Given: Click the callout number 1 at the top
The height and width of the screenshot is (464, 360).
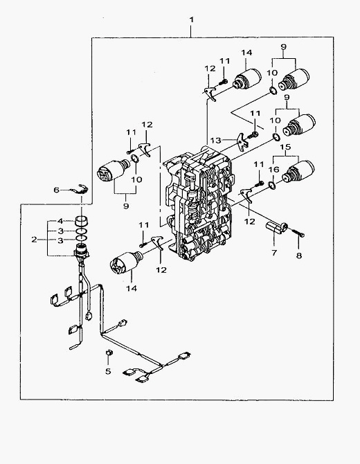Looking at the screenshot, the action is pos(192,20).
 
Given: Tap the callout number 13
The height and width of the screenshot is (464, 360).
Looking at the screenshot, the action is pos(215,140).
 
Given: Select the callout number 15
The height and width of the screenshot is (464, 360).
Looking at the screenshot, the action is pos(285,147).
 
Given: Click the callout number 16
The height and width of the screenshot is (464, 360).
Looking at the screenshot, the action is pos(273,170).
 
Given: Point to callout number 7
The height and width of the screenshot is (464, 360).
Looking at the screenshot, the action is pos(274,253).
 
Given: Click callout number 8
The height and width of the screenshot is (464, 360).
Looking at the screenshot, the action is pos(299,255).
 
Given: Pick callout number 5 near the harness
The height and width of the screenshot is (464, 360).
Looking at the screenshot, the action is pos(108,371).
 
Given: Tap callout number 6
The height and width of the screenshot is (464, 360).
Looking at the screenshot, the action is pos(57,190).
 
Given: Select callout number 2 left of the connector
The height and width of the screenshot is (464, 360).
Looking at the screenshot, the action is pos(35,240).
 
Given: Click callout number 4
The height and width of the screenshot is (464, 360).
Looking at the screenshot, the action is pos(60,221).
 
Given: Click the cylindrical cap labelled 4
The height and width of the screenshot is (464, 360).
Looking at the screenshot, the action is pos(82,221).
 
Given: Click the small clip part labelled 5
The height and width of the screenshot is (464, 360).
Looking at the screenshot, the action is pos(109,352).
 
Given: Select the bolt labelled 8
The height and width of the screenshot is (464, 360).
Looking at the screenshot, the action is pos(298,233).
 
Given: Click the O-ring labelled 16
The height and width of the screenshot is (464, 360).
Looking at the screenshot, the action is pos(272,186).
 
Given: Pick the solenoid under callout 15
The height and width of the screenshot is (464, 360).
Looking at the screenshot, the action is pos(298,171).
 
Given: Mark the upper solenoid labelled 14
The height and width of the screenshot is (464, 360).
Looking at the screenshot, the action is pos(247,78).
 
